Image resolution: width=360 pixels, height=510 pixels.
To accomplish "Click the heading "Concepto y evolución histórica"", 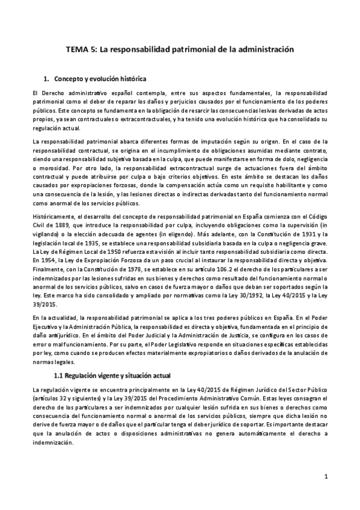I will pos(100,79).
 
